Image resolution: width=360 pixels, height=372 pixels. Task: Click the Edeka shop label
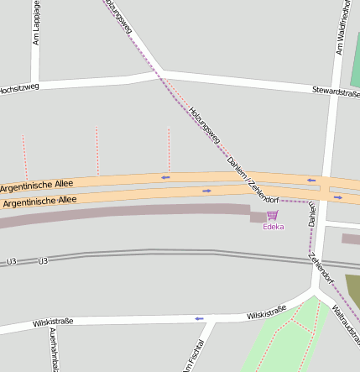(274, 227)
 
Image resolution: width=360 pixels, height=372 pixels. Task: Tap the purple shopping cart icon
(272, 216)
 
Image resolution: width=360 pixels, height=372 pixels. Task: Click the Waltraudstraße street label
(346, 324)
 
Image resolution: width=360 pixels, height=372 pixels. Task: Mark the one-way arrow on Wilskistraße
(199, 318)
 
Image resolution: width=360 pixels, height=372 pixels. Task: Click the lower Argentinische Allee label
(39, 202)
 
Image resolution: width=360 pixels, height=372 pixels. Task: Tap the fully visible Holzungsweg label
(205, 123)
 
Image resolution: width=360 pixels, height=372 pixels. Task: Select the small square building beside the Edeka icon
(257, 217)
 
